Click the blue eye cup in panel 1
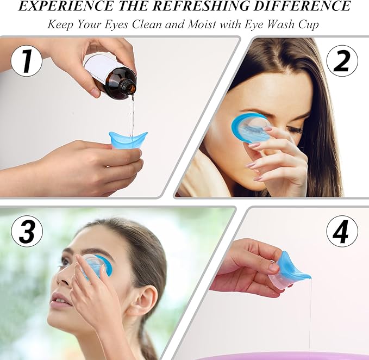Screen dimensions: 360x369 pyautogui.click(x=128, y=140)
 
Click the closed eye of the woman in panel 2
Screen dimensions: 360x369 pyautogui.click(x=294, y=129)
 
